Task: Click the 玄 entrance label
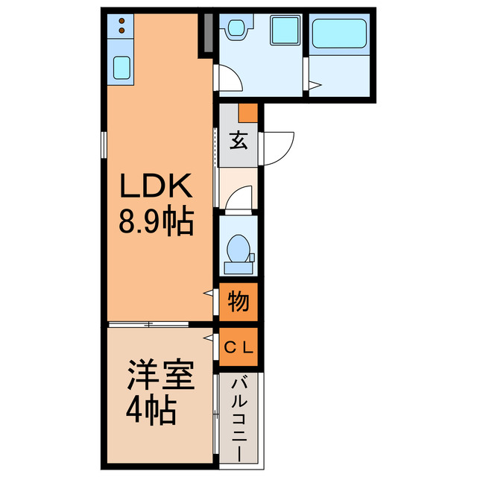(238, 140)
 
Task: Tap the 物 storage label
(238, 302)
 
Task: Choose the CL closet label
(238, 347)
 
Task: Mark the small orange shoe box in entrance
(248, 113)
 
